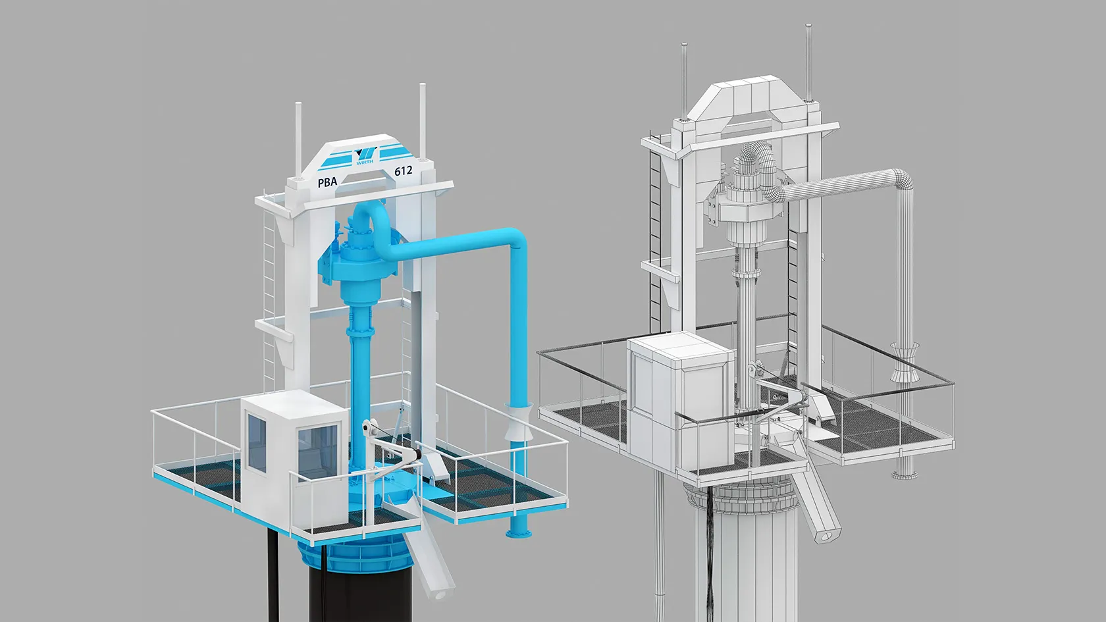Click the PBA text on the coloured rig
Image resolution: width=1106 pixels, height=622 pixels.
(x=327, y=182)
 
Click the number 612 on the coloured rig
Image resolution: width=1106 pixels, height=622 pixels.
(x=403, y=171)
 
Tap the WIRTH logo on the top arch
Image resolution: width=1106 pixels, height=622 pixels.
(x=365, y=156)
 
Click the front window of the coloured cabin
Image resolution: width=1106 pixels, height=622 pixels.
(x=317, y=453)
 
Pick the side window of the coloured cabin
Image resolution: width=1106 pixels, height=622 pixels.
(x=257, y=443)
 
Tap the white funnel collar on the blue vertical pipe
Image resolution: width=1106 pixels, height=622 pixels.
(x=518, y=421)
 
